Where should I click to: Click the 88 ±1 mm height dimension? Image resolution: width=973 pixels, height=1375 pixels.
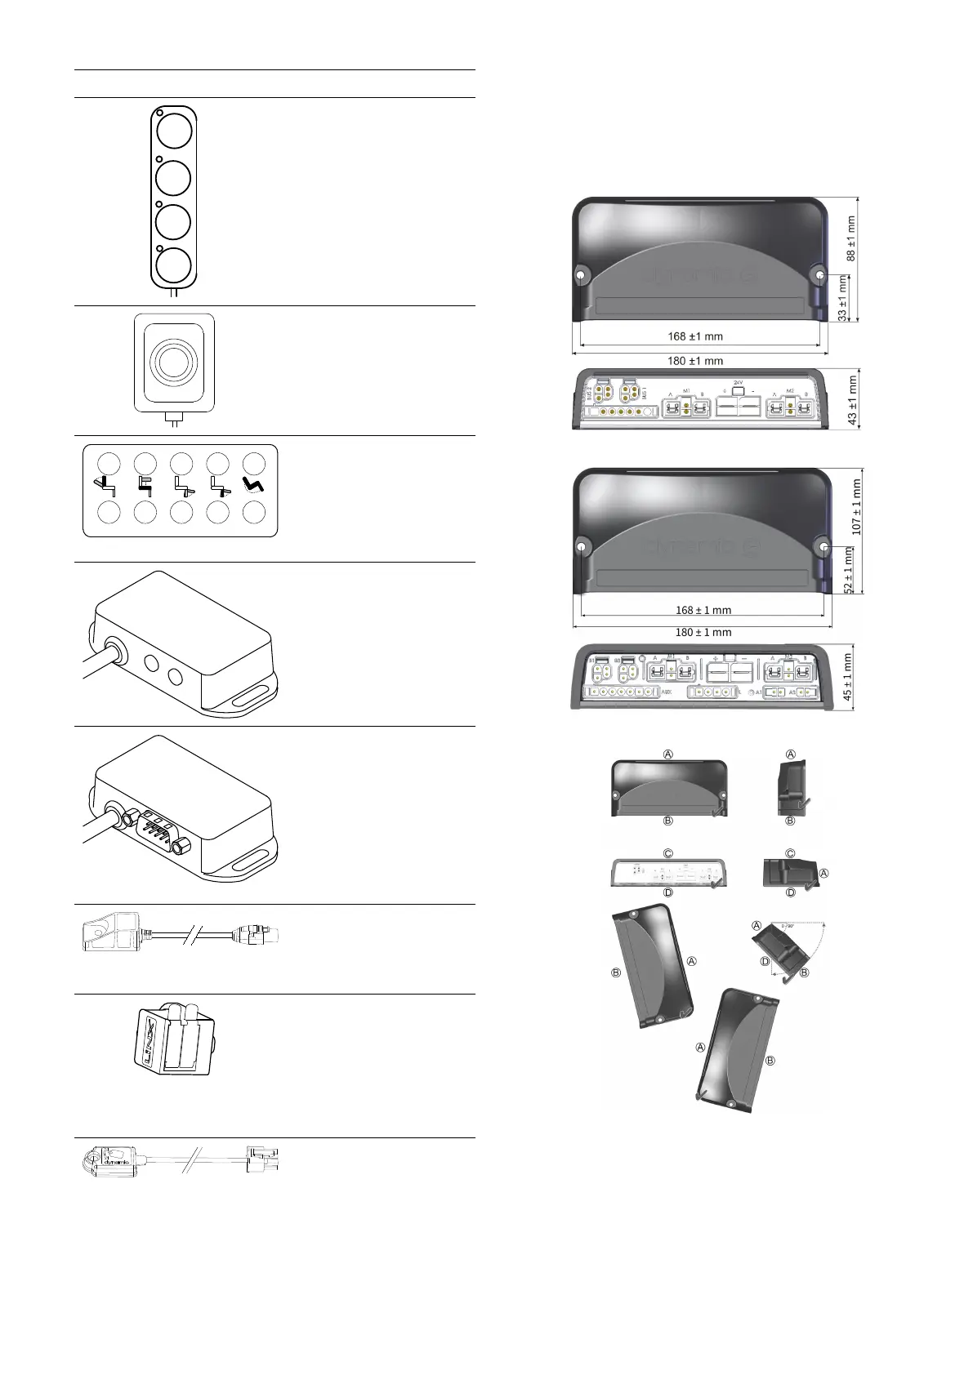point(850,238)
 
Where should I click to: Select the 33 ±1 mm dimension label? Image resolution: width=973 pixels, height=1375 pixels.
point(842,300)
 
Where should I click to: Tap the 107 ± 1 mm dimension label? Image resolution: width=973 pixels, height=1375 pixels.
point(856,507)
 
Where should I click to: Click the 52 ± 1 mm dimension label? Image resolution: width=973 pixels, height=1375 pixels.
point(848,570)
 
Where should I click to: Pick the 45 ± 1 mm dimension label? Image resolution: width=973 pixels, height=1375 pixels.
point(847,677)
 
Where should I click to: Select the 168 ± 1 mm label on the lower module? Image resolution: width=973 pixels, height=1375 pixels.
point(703,610)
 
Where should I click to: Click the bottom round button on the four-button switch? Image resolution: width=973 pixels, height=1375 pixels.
point(174,265)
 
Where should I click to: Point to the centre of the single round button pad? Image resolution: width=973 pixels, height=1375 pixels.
point(174,363)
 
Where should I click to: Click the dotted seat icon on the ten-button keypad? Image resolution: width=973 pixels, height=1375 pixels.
point(254,488)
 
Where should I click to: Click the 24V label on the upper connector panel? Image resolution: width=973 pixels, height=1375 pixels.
point(738,382)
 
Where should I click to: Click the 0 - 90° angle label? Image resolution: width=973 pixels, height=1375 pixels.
point(788,927)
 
